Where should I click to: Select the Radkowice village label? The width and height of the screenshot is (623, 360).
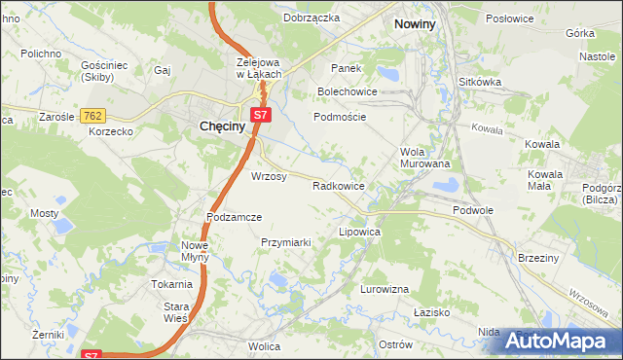point(338,185)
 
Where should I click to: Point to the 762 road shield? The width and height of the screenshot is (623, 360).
point(93,116)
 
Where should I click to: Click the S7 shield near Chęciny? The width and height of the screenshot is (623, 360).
point(259,115)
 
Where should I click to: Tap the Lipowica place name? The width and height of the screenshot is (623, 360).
point(358,234)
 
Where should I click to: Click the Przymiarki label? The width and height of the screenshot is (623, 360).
point(285,242)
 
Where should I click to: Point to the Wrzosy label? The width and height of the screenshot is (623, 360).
point(269,176)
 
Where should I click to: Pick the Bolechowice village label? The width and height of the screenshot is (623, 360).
point(348,92)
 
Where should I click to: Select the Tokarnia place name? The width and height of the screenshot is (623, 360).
point(170,284)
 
